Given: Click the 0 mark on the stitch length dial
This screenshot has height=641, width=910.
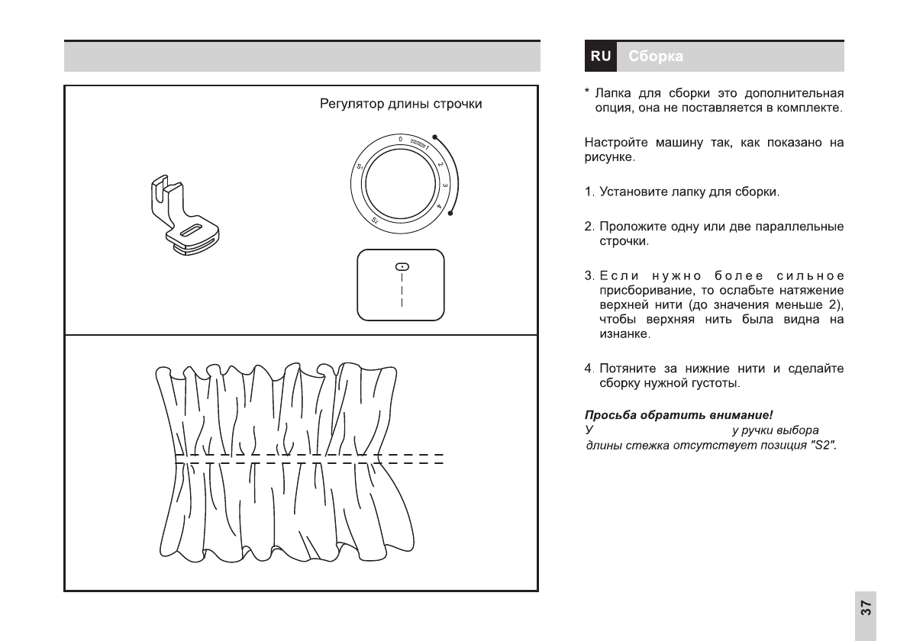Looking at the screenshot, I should [400, 139].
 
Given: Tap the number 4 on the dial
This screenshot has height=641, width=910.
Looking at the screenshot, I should [440, 206].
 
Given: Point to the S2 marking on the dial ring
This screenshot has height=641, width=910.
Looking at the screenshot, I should [376, 221].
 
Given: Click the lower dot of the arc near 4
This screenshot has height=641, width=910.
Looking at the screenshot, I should [451, 214].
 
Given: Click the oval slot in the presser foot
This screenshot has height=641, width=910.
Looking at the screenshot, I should [192, 230].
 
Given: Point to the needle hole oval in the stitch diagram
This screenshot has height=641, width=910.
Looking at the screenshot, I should [401, 266].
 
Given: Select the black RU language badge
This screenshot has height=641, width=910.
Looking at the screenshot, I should [601, 56].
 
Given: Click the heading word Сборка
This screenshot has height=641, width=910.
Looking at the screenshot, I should [656, 56].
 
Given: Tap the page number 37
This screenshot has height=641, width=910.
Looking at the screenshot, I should [865, 607].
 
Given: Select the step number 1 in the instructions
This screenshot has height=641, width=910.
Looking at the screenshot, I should [589, 191].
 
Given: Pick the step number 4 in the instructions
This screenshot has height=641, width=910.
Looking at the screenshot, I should [589, 369].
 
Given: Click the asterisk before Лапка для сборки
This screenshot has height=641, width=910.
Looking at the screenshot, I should [587, 94].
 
